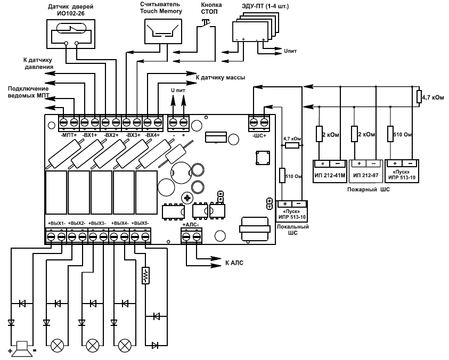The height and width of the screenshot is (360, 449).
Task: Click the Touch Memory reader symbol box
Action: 163,31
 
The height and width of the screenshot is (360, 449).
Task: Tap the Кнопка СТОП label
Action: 211,9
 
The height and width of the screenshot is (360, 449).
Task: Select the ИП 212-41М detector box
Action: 330,171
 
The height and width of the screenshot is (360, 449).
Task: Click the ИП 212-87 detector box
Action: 366,171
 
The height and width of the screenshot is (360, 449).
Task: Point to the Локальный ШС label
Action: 292,230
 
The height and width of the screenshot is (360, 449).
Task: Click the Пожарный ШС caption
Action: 369,189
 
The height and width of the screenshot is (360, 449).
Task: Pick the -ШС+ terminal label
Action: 259,135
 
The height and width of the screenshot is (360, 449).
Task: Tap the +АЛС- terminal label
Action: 191,225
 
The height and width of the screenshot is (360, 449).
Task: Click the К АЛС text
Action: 234,263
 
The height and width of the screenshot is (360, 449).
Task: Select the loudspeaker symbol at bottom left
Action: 22,348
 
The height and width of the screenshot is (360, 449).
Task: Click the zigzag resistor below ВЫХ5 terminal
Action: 145,275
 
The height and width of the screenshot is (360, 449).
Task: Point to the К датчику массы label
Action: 220,77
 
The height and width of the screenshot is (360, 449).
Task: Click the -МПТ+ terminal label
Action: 69,135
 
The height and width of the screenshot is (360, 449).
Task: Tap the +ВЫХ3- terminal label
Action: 97,223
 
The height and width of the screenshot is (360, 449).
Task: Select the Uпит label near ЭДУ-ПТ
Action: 290,51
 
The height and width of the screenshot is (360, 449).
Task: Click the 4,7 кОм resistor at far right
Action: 419,96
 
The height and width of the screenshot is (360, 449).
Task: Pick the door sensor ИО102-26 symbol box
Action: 71,34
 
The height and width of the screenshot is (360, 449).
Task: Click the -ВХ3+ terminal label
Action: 133,135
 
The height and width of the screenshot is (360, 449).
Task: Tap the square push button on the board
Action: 263,158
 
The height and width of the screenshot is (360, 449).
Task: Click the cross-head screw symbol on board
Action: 187,198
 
